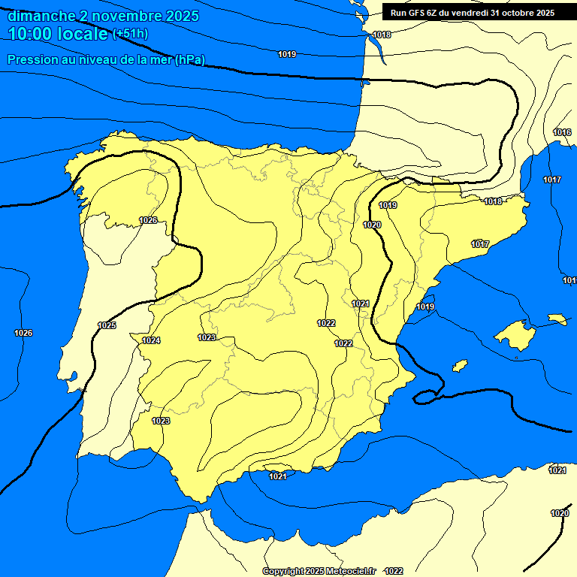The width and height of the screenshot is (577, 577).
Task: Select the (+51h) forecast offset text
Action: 130,34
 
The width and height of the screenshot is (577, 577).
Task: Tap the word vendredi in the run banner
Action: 470,12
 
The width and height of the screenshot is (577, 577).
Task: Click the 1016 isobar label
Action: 562,132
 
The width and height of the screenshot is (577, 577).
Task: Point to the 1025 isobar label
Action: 107,325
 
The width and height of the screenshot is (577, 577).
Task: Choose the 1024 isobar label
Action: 151,340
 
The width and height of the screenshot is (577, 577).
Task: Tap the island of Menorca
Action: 557,319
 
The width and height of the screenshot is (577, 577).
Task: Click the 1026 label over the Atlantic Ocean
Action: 23,333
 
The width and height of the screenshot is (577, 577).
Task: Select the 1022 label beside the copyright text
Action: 393,572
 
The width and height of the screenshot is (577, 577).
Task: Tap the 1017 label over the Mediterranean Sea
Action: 552,180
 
